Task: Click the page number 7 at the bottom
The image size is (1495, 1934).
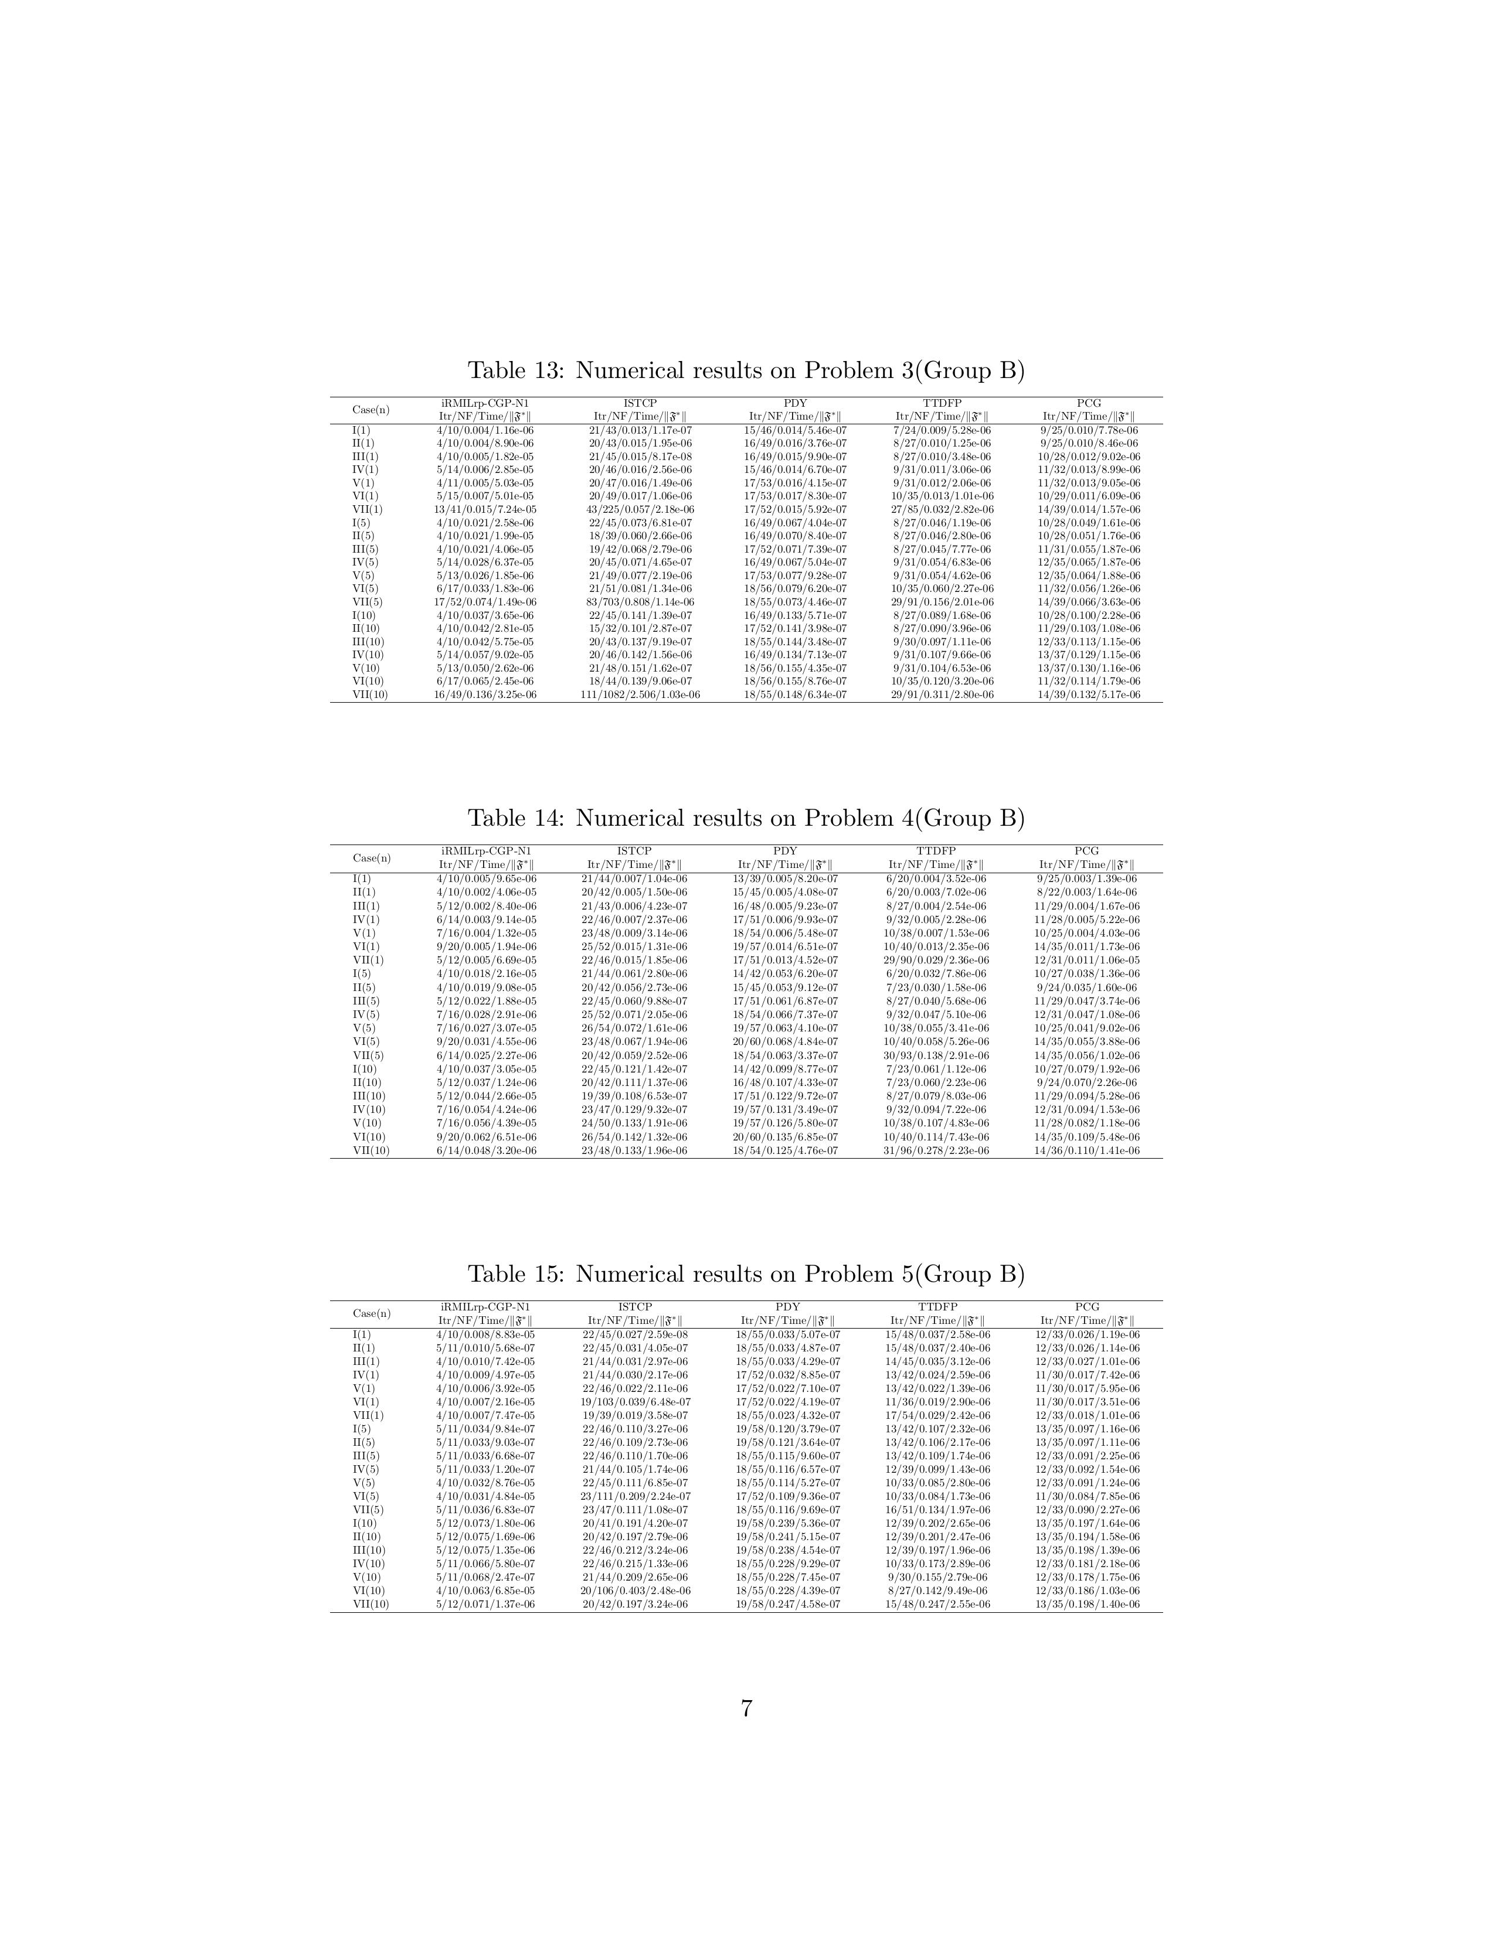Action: click(746, 1709)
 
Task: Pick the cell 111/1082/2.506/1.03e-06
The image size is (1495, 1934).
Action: click(640, 695)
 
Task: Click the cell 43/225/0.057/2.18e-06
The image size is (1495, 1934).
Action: click(640, 509)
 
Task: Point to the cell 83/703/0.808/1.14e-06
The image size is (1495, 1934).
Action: click(640, 602)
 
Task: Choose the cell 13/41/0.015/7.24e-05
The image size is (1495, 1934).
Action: click(485, 509)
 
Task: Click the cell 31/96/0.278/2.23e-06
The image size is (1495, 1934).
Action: click(936, 1151)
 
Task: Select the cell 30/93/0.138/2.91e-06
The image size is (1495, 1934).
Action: click(936, 1055)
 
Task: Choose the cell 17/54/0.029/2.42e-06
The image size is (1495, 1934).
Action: click(938, 1416)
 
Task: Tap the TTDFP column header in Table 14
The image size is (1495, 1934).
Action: click(936, 851)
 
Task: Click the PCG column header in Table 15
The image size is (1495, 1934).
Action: click(1087, 1307)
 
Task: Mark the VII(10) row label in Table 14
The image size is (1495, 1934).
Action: click(371, 1151)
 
